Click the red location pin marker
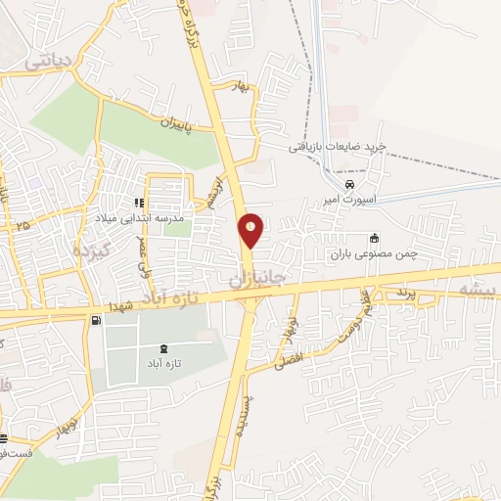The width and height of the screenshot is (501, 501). (x=251, y=230)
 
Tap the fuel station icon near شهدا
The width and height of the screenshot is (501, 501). (x=94, y=321)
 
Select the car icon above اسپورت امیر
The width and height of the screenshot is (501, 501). (x=350, y=183)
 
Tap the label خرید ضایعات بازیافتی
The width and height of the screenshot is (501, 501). (x=338, y=146)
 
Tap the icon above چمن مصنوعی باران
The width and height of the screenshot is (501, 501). (x=373, y=238)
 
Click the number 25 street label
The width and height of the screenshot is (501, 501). (x=22, y=226)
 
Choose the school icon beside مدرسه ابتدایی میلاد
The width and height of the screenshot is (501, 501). (x=139, y=202)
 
